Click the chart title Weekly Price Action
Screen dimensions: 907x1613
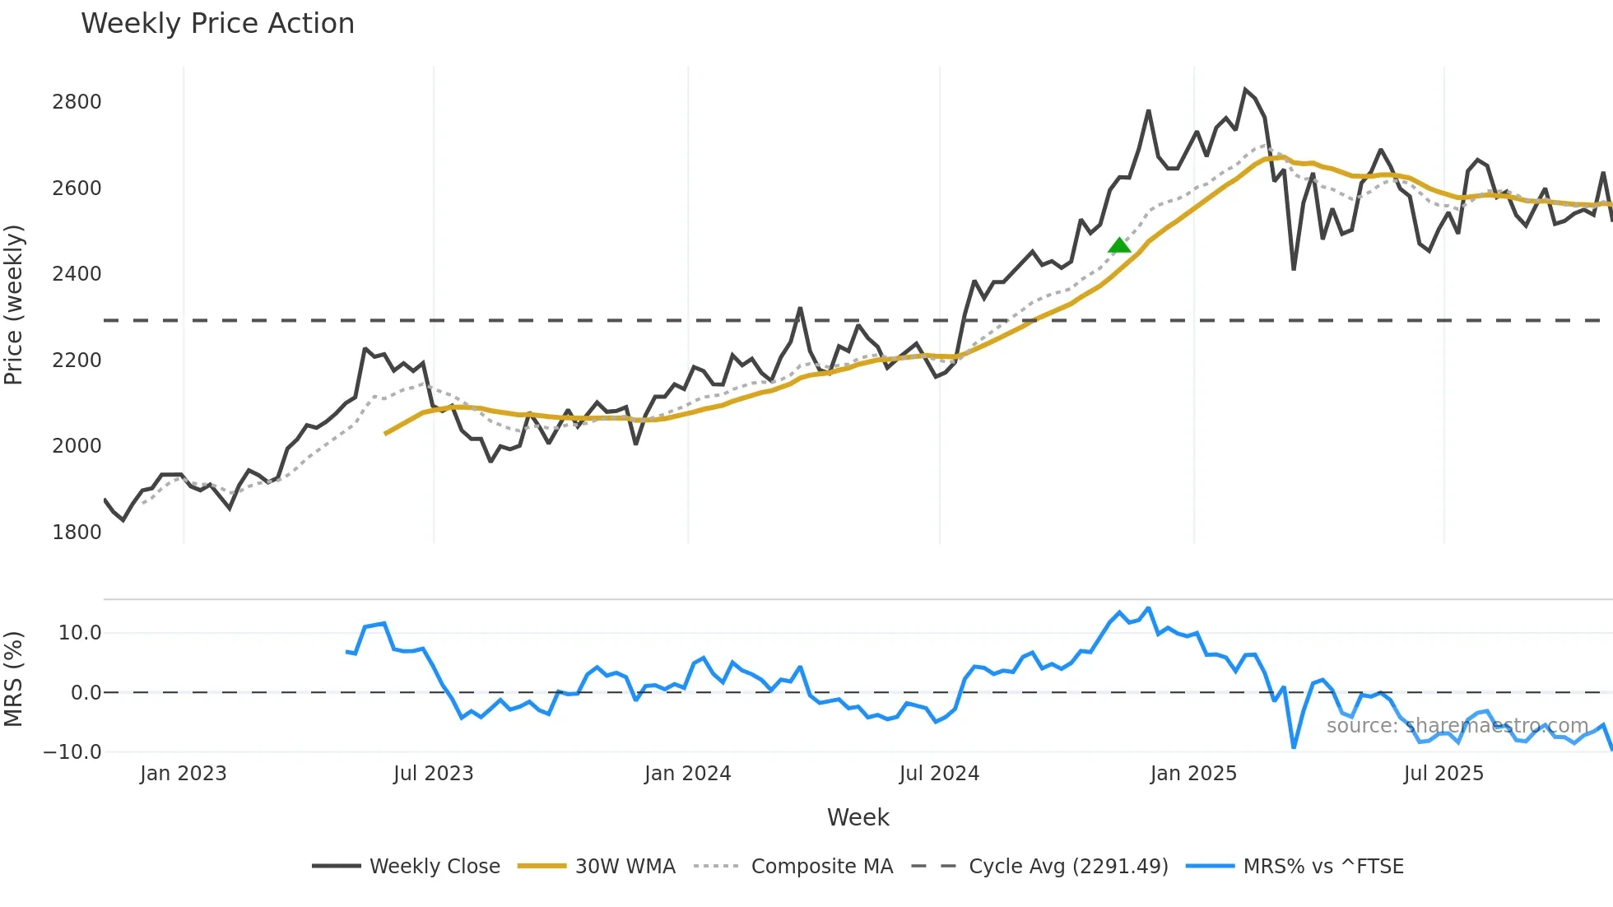click(x=217, y=24)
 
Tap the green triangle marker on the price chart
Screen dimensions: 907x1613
click(x=1119, y=245)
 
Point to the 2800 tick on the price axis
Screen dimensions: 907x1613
click(x=77, y=102)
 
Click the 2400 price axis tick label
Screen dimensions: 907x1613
click(x=77, y=274)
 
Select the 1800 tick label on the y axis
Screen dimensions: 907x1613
click(x=77, y=533)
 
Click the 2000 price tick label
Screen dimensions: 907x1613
click(x=77, y=446)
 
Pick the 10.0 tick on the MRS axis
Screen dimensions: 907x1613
click(x=80, y=633)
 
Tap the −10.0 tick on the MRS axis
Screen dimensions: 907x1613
click(x=72, y=752)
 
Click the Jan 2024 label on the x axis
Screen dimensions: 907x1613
click(x=687, y=774)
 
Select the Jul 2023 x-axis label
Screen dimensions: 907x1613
click(x=433, y=774)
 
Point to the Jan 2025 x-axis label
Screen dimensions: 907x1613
click(x=1193, y=774)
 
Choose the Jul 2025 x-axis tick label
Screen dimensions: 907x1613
click(x=1443, y=774)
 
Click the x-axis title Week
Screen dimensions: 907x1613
click(x=858, y=817)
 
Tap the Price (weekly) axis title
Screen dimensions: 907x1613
click(x=14, y=305)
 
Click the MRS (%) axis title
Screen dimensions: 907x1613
click(x=14, y=679)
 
